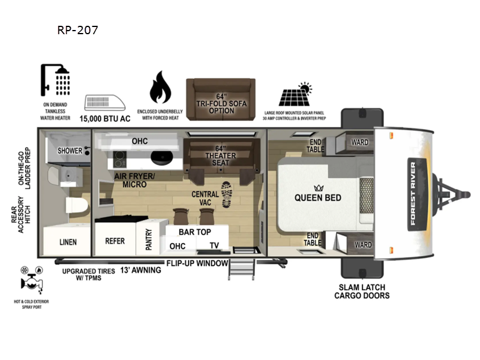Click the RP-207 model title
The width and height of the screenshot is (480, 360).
(x=77, y=29)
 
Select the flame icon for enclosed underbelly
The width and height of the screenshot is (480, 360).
(x=159, y=88)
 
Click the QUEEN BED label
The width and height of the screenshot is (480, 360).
(x=318, y=197)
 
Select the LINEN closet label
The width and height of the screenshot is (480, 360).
(x=68, y=242)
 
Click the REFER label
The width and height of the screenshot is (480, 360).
(x=115, y=241)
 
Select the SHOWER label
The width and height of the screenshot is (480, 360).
(x=70, y=151)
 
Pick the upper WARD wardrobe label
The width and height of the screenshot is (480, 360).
(x=360, y=142)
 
